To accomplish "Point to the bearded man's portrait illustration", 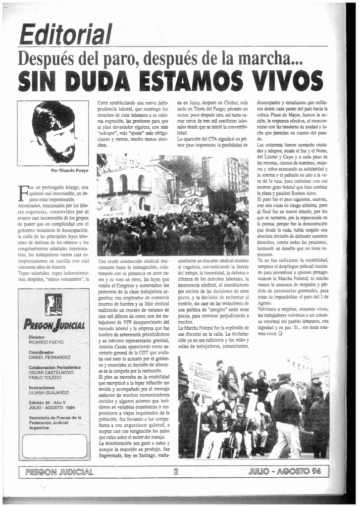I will click(x=54, y=132).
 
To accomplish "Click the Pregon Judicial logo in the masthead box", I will click(x=54, y=324).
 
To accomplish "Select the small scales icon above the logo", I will click(x=53, y=304).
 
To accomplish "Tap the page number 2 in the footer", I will click(x=176, y=471).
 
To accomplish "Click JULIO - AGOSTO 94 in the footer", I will click(x=285, y=471).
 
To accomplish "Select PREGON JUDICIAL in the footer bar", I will click(x=59, y=471).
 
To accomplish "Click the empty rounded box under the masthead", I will click(x=54, y=446).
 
